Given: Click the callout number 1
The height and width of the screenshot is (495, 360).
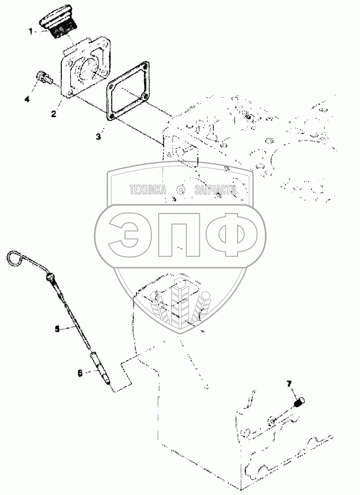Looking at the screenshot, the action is [x=31, y=32].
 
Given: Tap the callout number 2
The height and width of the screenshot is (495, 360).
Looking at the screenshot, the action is [x=54, y=114].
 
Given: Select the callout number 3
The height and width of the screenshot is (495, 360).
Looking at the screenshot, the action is [x=99, y=137].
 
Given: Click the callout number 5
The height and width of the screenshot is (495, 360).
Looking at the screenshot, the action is [x=57, y=328].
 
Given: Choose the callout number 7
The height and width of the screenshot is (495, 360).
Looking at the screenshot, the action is [x=289, y=384].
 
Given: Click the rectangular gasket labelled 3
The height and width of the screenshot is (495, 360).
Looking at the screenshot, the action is [x=127, y=92].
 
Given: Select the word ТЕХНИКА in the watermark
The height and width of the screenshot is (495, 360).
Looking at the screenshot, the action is [x=148, y=190].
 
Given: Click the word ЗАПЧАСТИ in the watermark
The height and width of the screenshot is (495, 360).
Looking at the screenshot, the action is [x=215, y=190].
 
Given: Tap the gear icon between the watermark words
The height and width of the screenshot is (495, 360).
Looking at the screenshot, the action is [x=180, y=190].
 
